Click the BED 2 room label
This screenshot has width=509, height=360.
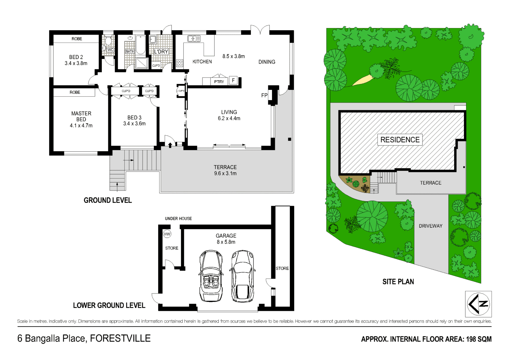pyautogui.click(x=76, y=57)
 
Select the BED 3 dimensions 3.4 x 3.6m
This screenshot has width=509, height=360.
pyautogui.click(x=134, y=124)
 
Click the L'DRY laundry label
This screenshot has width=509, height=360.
pyautogui.click(x=161, y=52)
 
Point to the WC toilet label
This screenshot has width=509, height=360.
pyautogui.click(x=111, y=50)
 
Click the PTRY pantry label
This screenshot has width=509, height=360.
pyautogui.click(x=219, y=82)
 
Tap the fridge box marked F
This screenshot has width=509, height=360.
pyautogui.click(x=233, y=80)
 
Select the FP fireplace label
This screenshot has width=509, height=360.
pyautogui.click(x=264, y=95)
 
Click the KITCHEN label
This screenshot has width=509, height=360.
pyautogui.click(x=202, y=62)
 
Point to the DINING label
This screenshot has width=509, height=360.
pyautogui.click(x=267, y=62)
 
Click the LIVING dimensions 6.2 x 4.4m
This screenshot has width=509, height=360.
pyautogui.click(x=229, y=119)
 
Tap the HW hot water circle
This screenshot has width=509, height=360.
pyautogui.click(x=167, y=234)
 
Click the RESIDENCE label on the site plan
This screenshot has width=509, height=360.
pyautogui.click(x=400, y=140)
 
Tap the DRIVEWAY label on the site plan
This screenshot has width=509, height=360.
pyautogui.click(x=430, y=226)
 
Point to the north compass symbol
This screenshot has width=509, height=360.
pyautogui.click(x=478, y=304)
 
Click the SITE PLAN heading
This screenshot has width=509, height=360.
pyautogui.click(x=398, y=281)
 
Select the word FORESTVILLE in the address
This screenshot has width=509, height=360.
pyautogui.click(x=120, y=339)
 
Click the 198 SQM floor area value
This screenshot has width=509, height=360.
pyautogui.click(x=479, y=339)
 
